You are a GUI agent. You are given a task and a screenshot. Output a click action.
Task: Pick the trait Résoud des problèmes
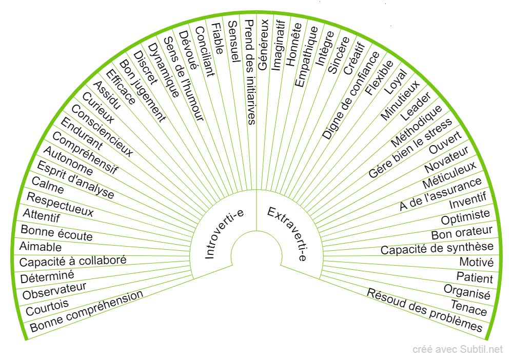425,310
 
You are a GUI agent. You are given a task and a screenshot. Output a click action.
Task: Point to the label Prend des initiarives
250,72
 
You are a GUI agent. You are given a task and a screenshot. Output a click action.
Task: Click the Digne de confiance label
351,95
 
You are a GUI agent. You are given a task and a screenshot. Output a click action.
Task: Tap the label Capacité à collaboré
73,261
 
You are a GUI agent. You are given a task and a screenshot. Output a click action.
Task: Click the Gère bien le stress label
410,148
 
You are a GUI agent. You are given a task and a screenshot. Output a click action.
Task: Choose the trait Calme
48,185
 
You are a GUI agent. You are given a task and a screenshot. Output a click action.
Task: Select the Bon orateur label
462,232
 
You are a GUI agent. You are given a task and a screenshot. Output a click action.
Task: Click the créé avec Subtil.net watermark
458,350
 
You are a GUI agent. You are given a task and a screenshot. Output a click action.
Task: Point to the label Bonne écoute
56,232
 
